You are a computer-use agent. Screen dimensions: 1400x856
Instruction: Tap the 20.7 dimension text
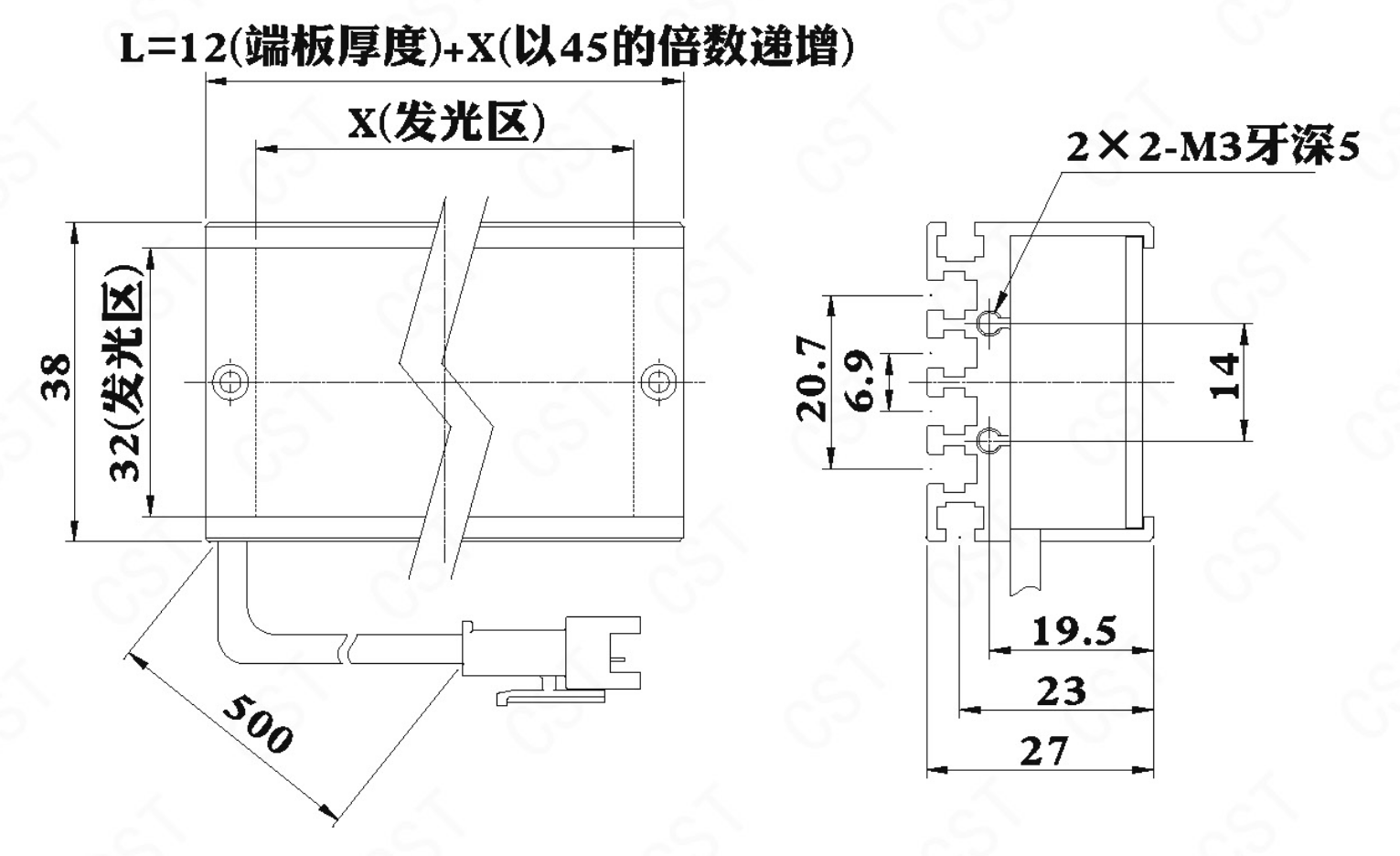(x=811, y=379)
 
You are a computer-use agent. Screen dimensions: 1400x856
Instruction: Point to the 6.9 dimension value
(x=863, y=380)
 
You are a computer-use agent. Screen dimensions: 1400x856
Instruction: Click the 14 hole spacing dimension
(x=1224, y=377)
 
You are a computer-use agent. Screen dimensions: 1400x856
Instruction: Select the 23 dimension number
(x=1061, y=691)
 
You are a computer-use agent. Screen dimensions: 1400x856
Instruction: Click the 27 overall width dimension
(x=1043, y=751)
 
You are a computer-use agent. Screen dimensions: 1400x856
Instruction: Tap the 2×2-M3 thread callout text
(x=1213, y=148)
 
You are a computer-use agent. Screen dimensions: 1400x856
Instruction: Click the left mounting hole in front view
(x=230, y=380)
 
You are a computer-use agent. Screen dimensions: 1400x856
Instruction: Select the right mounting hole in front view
(x=658, y=380)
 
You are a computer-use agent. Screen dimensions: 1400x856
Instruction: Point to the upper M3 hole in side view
(x=989, y=322)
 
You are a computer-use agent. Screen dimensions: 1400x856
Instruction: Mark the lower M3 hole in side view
(x=989, y=440)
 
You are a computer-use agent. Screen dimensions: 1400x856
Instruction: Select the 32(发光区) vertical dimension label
(x=124, y=374)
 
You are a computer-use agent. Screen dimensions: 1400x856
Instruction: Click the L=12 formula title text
(x=486, y=47)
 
